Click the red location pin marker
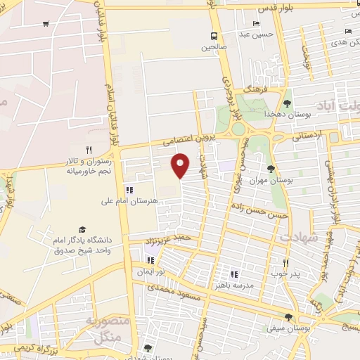181,165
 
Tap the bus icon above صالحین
214,36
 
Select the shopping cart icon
46,24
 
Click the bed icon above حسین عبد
255,24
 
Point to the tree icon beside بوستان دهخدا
288,103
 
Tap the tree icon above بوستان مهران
271,169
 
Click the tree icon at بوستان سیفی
288,317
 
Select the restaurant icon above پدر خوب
276,262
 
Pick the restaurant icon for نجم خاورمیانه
89,150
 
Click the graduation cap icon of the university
82,230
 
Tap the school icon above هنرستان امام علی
128,190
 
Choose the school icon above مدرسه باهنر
234,274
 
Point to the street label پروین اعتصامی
169,141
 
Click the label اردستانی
307,132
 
